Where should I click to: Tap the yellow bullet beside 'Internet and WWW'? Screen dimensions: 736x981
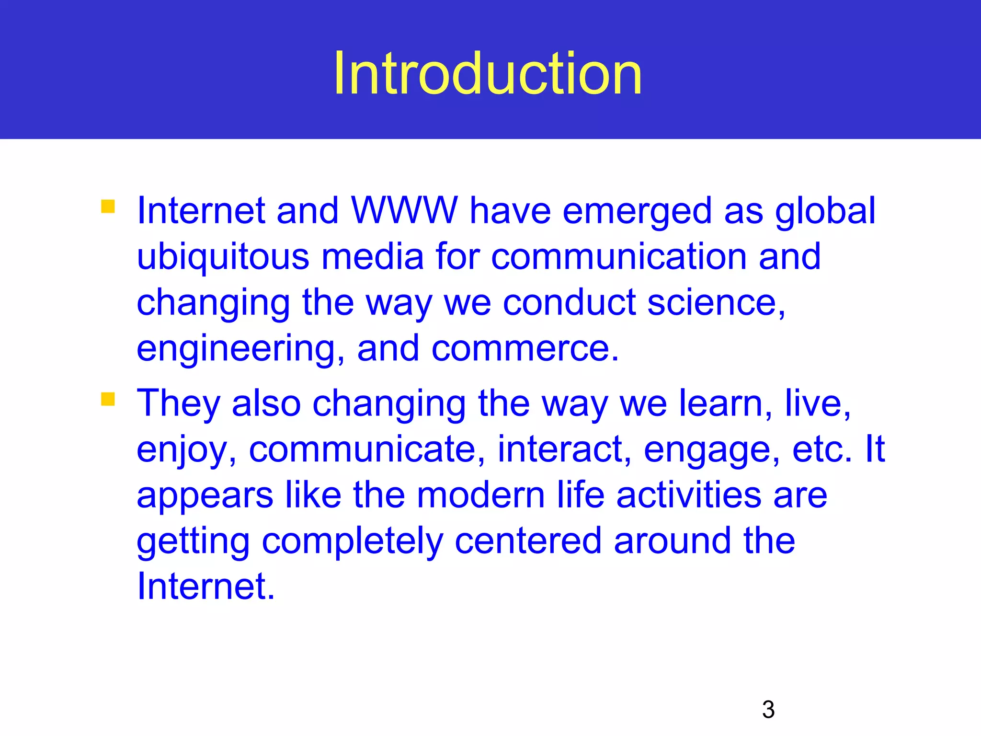click(x=108, y=207)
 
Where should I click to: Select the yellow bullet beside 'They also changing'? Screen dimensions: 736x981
click(x=108, y=399)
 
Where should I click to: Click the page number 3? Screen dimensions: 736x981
click(x=768, y=710)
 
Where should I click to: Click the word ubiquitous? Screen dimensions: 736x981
click(x=223, y=257)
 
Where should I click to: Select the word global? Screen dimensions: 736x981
click(x=825, y=211)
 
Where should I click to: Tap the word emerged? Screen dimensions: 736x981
click(x=637, y=211)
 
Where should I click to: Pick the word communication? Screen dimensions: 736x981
click(x=618, y=257)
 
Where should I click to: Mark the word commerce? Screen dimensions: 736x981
click(x=525, y=349)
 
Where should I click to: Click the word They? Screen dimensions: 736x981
click(x=178, y=403)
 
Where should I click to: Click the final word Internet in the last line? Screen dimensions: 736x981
click(x=205, y=586)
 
